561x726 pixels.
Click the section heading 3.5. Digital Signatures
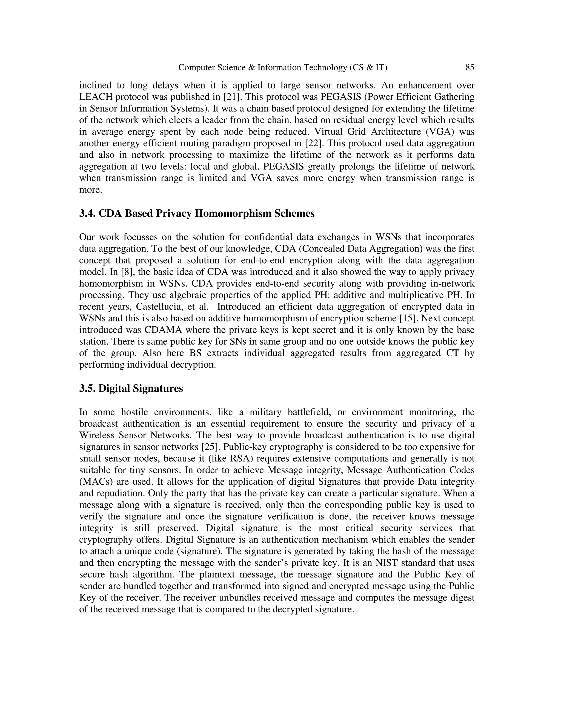pyautogui.click(x=131, y=388)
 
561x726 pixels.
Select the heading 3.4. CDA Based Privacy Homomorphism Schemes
pyautogui.click(x=197, y=213)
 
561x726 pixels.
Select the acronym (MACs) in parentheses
pyautogui.click(x=95, y=482)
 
